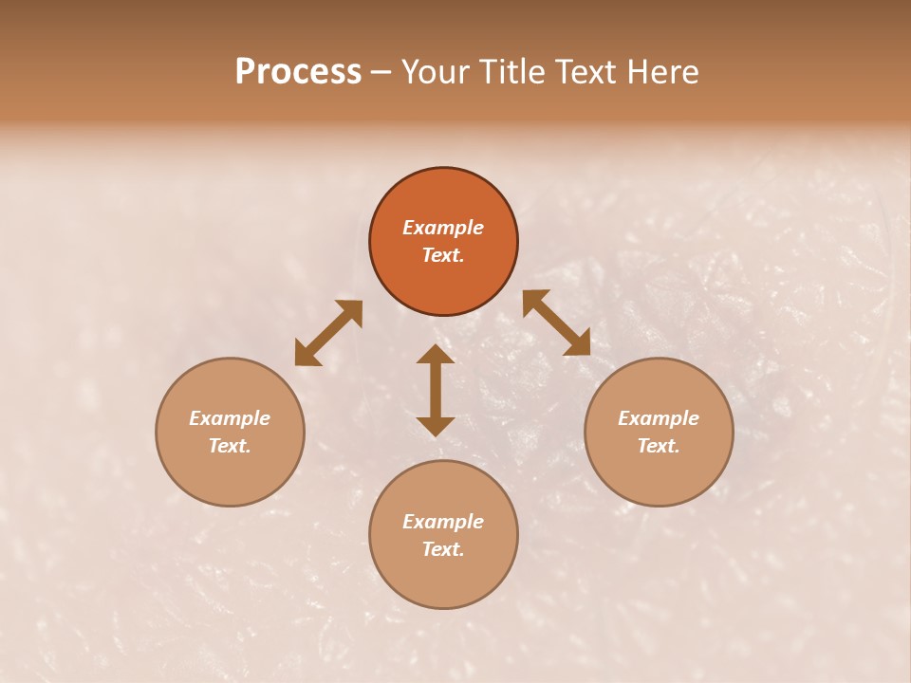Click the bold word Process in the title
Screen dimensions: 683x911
click(x=298, y=72)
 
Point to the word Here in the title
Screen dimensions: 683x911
click(x=662, y=72)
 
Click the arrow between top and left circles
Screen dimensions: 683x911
click(x=328, y=333)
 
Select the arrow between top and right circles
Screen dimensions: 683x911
click(x=556, y=323)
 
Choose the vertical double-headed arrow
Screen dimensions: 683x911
click(x=436, y=390)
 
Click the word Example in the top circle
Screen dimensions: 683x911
click(x=443, y=228)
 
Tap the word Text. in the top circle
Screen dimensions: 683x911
click(x=443, y=255)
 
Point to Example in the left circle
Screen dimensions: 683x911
click(x=230, y=418)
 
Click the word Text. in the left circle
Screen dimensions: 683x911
click(x=230, y=446)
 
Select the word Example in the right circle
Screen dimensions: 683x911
click(x=659, y=418)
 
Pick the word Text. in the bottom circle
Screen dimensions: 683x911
click(x=443, y=549)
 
